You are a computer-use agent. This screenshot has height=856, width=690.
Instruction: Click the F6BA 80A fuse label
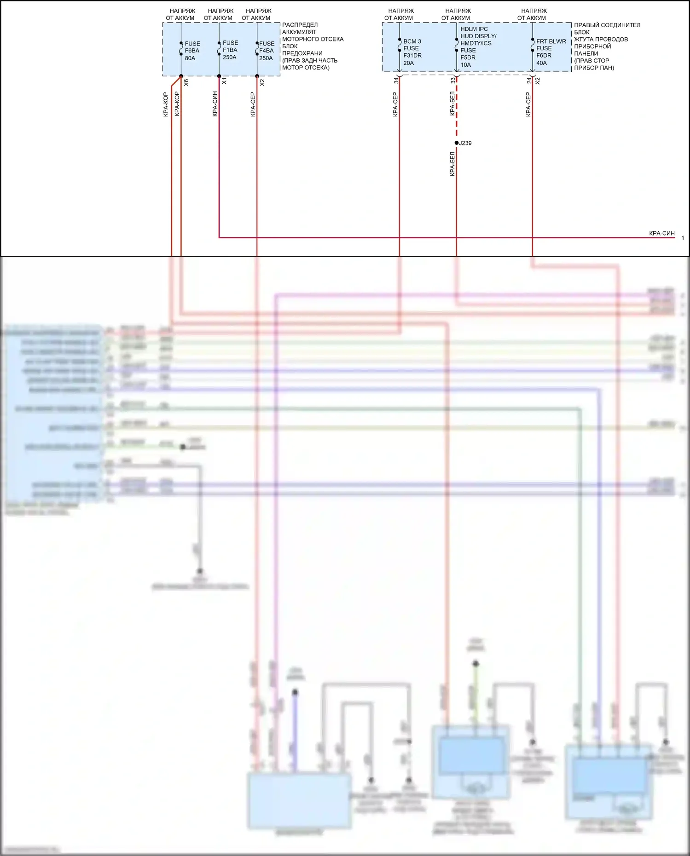[192, 51]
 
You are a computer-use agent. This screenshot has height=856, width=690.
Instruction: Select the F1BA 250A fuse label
[230, 50]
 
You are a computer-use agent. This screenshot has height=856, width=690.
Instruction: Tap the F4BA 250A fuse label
[266, 51]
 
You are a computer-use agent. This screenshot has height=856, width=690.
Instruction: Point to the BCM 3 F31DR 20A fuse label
[412, 52]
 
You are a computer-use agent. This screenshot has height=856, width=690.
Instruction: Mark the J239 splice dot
[457, 143]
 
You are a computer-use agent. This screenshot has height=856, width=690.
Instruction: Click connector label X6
[186, 83]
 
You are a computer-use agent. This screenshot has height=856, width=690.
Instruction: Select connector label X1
[224, 81]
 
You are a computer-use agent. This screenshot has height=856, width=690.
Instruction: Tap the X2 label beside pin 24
[538, 81]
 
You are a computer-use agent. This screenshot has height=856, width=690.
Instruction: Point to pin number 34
[396, 80]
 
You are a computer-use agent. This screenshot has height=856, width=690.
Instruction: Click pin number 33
[453, 80]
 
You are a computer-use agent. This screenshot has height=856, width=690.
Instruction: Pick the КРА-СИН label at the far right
[661, 234]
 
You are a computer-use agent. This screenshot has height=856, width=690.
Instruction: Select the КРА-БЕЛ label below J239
[452, 164]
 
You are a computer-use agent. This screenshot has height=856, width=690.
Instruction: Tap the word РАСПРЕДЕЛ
[300, 25]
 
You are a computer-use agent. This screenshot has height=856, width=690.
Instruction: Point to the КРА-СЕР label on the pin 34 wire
[395, 104]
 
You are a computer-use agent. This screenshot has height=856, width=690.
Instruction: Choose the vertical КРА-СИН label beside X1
[215, 104]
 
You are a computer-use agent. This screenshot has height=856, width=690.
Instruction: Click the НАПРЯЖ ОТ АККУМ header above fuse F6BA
[181, 14]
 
